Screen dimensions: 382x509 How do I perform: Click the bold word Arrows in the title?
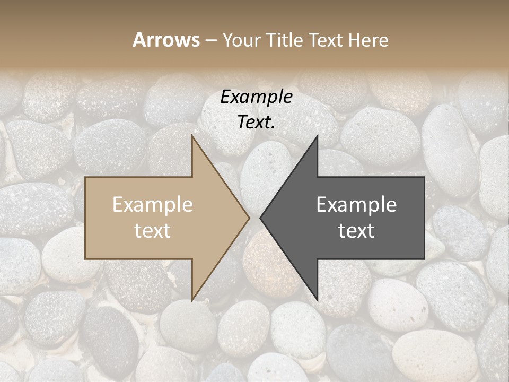(166, 40)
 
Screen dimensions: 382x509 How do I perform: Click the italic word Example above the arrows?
(256, 97)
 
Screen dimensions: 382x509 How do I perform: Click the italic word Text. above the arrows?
(256, 123)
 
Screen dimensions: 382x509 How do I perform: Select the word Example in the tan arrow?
(153, 205)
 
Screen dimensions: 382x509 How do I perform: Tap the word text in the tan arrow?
(153, 231)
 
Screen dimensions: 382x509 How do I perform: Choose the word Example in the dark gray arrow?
(356, 205)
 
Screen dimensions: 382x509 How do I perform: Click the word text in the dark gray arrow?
(356, 231)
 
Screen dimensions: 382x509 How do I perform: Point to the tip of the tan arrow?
(249, 218)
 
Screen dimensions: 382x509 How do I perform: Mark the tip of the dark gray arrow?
(260, 218)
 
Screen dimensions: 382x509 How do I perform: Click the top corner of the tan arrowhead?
(192, 136)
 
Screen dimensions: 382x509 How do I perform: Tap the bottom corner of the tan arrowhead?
(192, 300)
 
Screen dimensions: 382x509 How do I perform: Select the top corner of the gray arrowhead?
(317, 136)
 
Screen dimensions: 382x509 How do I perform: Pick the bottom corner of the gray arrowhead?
(317, 300)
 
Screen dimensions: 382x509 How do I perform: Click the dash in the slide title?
(210, 40)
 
